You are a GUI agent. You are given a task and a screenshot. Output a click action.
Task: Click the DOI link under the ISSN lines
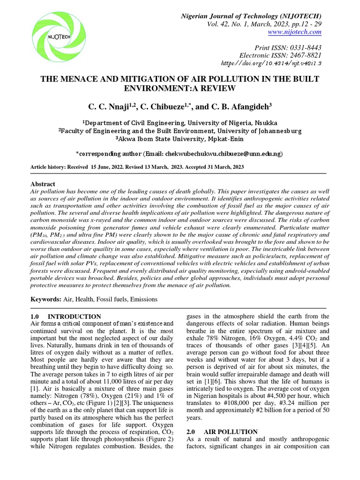pos(277,63)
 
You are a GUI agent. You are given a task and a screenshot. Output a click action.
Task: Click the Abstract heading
pos(43,184)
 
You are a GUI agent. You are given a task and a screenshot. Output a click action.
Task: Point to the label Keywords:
pos(46,299)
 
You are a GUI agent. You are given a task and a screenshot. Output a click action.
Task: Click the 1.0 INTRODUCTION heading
pos(66,316)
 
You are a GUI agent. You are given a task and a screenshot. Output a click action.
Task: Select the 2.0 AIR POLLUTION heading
pos(222,431)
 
